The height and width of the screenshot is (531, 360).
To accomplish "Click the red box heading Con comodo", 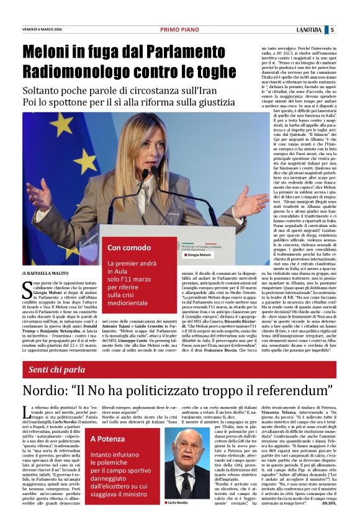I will [129, 248].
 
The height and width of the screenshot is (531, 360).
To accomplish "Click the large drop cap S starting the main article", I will [25, 288].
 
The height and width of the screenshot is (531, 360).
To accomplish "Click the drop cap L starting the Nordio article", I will [25, 410].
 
